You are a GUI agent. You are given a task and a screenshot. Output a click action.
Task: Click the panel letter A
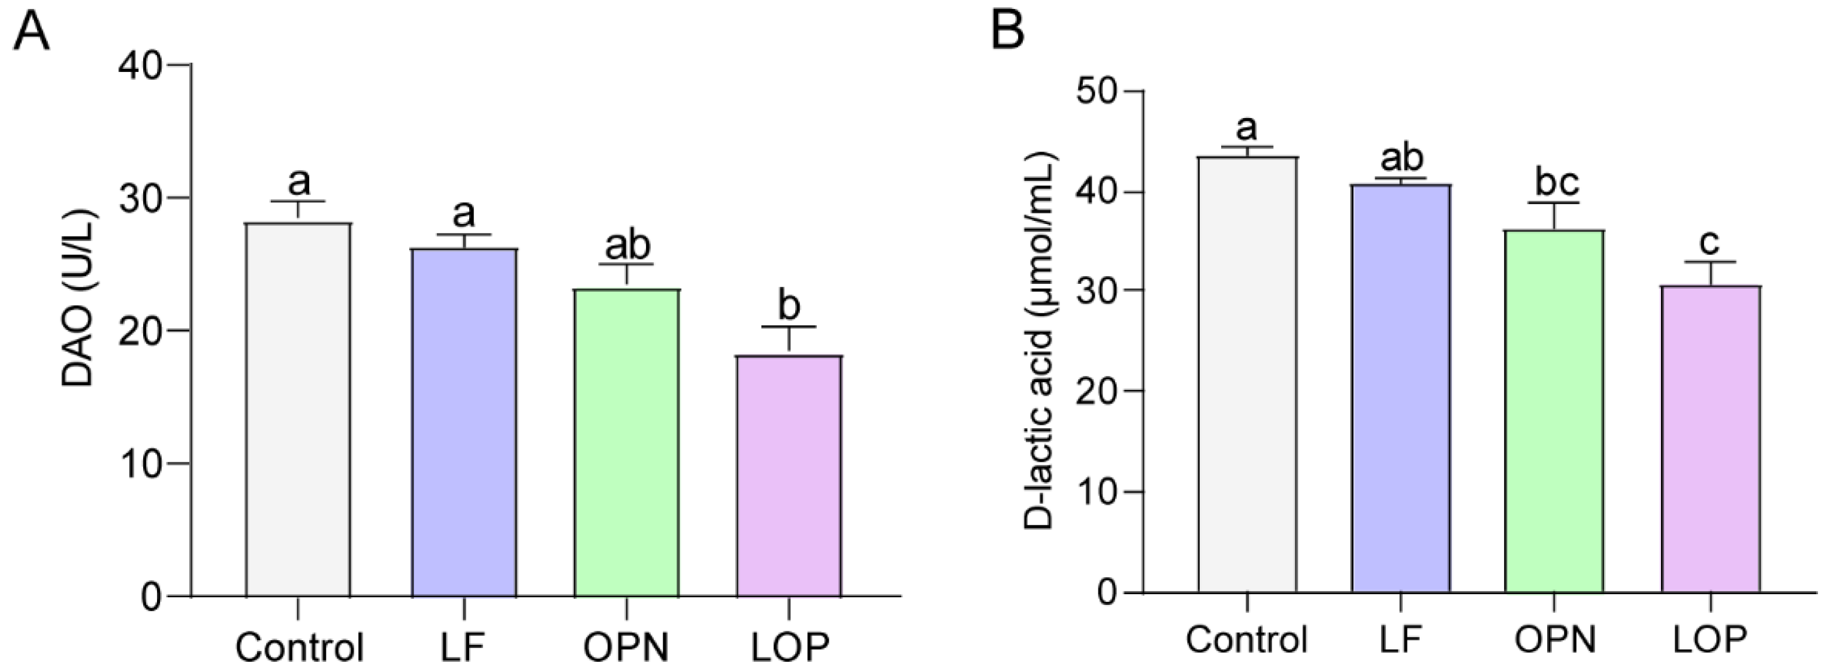click(32, 32)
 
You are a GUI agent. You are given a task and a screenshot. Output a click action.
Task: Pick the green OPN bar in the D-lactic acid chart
click(1554, 411)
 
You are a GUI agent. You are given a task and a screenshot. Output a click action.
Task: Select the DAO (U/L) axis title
click(78, 298)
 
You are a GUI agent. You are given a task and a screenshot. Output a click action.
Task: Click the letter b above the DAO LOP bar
click(789, 305)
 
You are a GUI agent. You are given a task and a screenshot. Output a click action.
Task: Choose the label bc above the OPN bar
click(1557, 182)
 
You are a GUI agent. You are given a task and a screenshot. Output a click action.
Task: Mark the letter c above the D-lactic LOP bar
click(1710, 243)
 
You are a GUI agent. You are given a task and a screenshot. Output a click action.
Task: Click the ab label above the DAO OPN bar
click(627, 246)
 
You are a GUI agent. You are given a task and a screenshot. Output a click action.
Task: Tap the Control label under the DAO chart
click(298, 646)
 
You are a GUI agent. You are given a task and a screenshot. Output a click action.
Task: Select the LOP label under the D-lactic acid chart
click(1710, 640)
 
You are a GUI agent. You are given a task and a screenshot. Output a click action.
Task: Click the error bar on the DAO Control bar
click(298, 211)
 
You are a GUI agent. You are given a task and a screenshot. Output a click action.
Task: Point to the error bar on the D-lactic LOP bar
click(1710, 273)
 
